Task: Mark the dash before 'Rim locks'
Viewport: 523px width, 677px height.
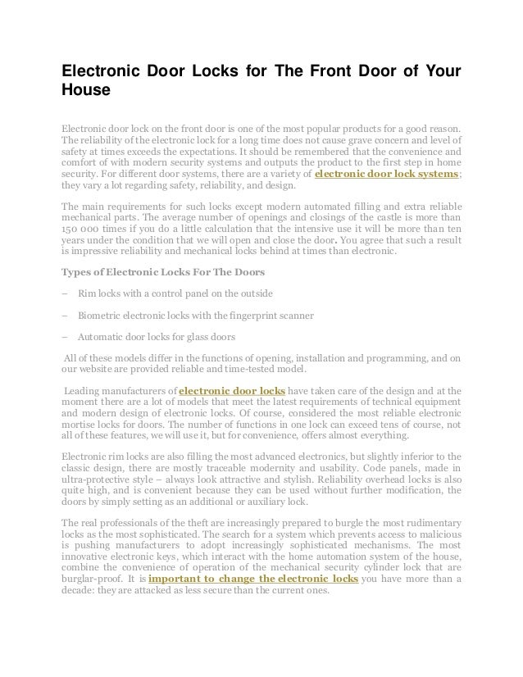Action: click(x=65, y=293)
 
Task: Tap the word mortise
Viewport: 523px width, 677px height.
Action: click(x=80, y=425)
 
